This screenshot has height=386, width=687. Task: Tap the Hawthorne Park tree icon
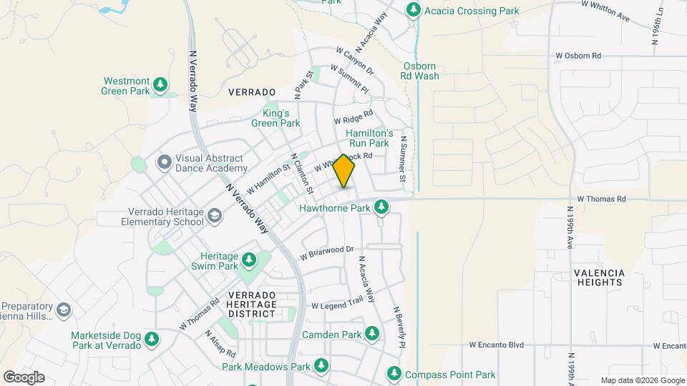click(382, 207)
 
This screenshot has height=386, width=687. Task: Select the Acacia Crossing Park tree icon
click(413, 10)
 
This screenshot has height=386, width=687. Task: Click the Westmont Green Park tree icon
click(161, 86)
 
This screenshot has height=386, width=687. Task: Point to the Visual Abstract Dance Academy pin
click(164, 162)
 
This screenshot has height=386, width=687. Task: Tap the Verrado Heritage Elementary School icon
click(214, 216)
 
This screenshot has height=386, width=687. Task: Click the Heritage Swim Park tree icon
click(249, 260)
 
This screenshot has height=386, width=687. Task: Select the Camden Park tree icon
click(372, 334)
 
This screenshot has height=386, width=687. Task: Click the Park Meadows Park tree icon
click(321, 366)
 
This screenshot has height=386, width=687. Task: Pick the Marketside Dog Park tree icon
click(150, 340)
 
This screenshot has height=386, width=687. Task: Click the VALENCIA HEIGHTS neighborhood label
click(598, 277)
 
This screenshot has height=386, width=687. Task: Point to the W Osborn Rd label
click(579, 55)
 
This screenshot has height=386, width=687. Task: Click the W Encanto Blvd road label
click(496, 345)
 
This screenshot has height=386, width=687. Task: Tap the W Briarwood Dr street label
click(327, 252)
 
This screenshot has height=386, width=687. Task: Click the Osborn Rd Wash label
click(419, 71)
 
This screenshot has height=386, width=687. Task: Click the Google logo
click(24, 377)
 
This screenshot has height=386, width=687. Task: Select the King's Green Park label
click(276, 118)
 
